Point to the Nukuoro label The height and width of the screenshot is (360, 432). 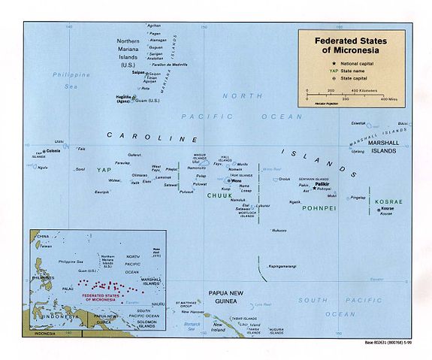[x=279, y=230]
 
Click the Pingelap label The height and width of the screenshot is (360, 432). [x=358, y=198]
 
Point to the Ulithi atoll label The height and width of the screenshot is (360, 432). [x=59, y=141]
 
